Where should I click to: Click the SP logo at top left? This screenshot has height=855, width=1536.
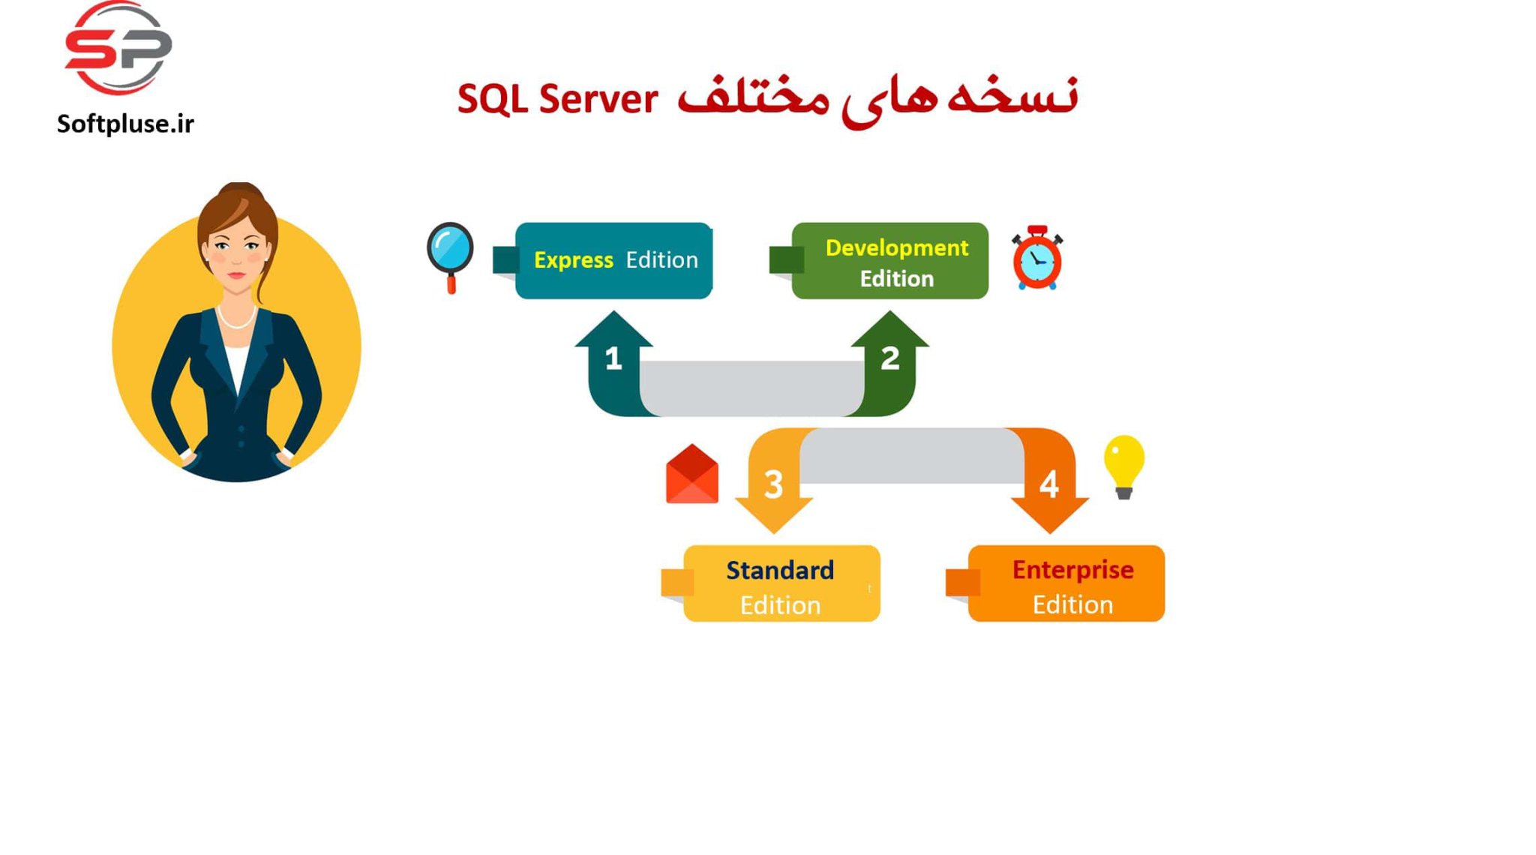click(x=118, y=49)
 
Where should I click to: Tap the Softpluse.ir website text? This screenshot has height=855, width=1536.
click(x=125, y=124)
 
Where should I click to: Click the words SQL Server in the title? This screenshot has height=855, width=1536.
click(x=557, y=99)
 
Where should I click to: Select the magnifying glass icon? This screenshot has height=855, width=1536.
click(x=450, y=253)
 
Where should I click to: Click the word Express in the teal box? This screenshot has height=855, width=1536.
click(x=573, y=260)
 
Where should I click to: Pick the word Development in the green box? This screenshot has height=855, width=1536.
click(x=896, y=247)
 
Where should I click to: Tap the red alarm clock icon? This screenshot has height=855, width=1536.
click(x=1036, y=259)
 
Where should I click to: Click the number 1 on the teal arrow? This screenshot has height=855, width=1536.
click(x=613, y=358)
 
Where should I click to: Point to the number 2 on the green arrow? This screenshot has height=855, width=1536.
click(x=889, y=358)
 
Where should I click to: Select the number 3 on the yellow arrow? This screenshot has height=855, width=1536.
click(x=773, y=485)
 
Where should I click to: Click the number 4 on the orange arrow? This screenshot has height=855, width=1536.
click(x=1048, y=485)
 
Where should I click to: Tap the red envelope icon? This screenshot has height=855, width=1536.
click(x=691, y=475)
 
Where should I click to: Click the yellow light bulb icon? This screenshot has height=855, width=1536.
click(x=1123, y=465)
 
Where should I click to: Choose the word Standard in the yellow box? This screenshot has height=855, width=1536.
click(x=779, y=570)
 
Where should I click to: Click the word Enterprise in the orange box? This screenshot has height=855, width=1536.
click(x=1072, y=570)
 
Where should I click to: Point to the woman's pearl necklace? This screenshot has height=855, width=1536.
click(x=236, y=321)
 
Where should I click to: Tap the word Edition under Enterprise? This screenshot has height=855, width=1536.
click(x=1072, y=604)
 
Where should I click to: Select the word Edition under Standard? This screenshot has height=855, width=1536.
click(x=780, y=605)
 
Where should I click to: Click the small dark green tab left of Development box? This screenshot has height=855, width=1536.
click(x=785, y=260)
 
